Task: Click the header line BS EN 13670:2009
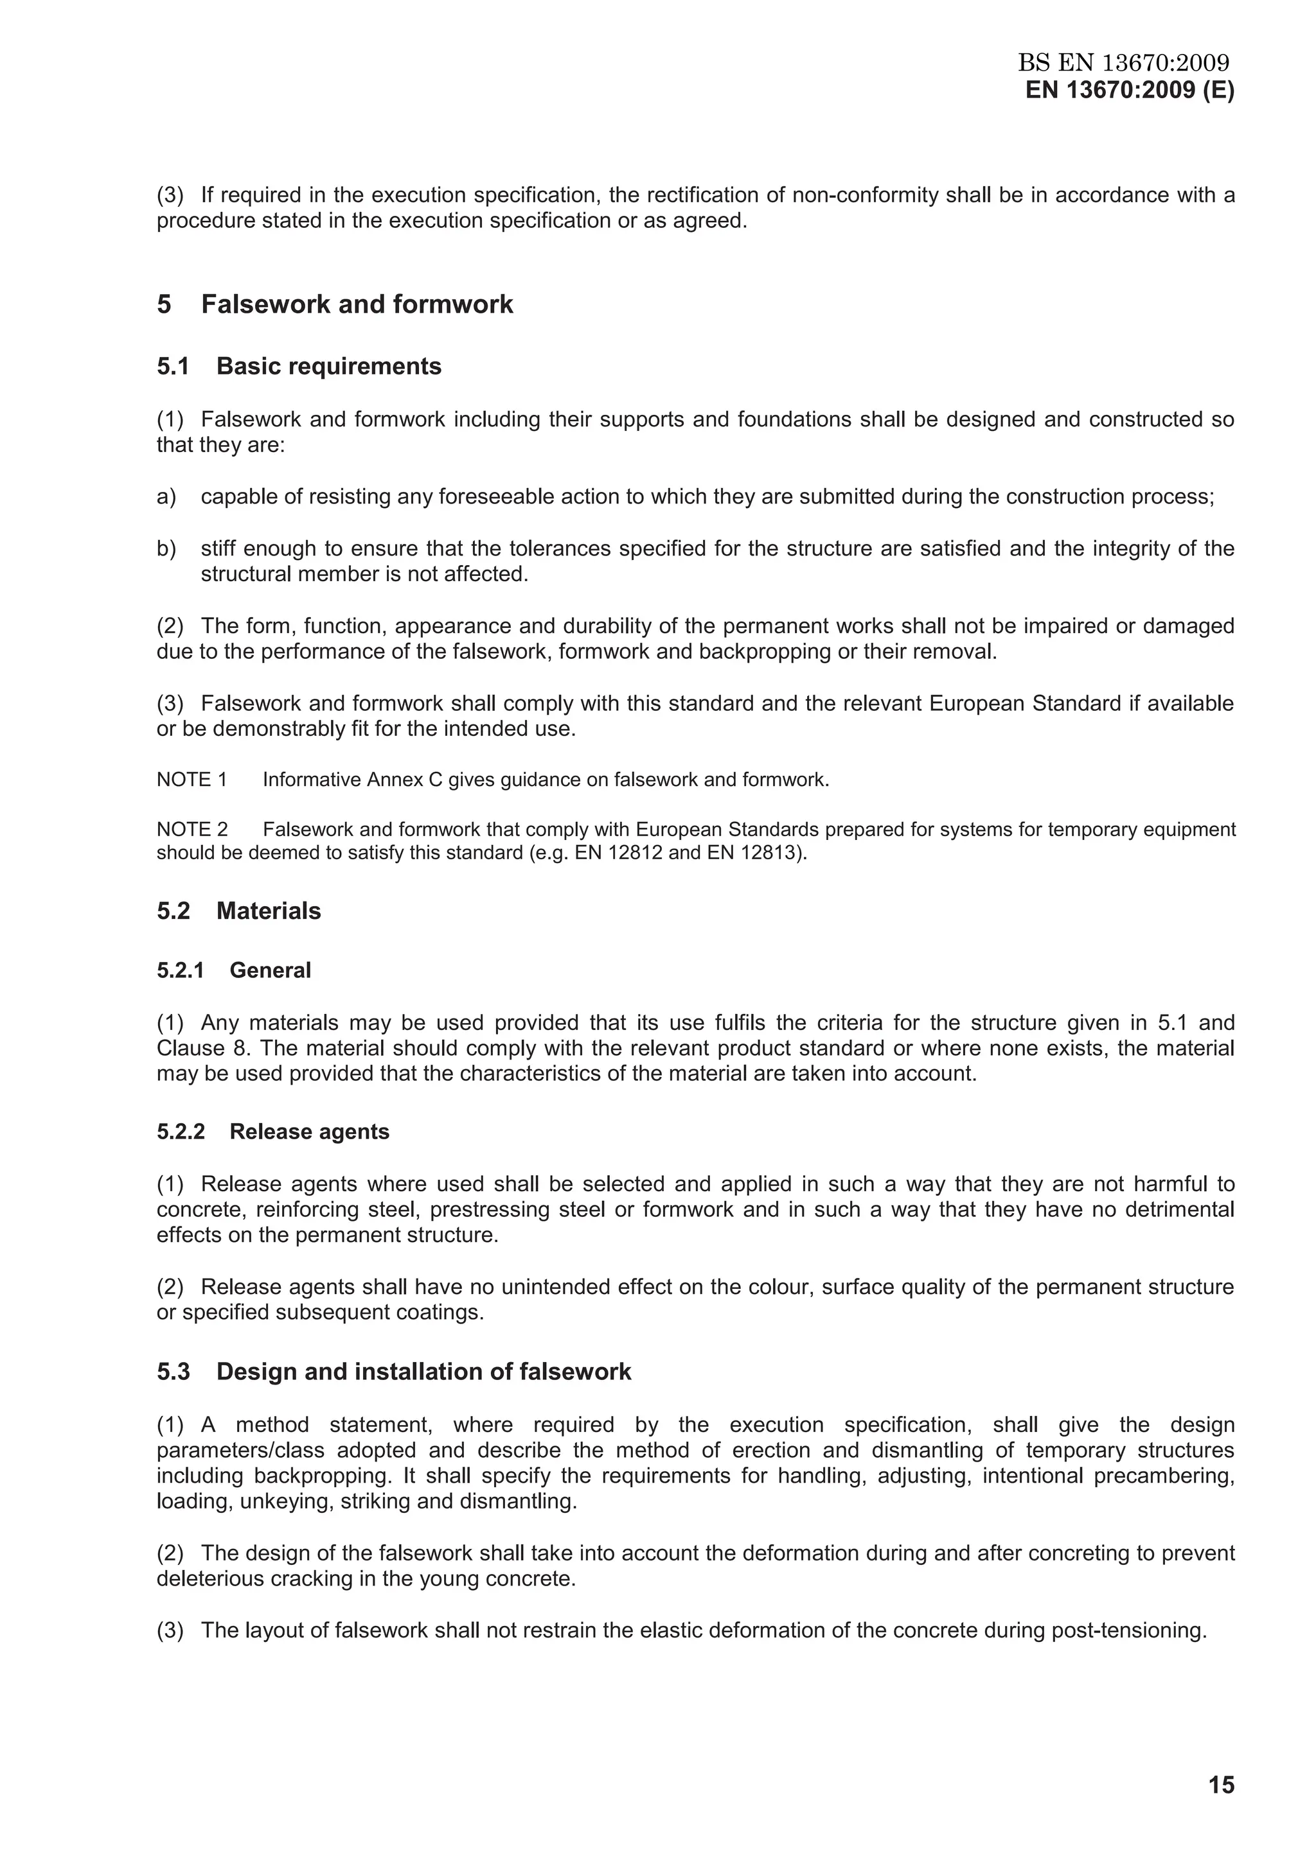(1124, 62)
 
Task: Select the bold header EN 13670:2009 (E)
(1130, 90)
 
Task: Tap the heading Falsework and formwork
(357, 305)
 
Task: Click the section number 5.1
(173, 367)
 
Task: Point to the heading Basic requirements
(328, 367)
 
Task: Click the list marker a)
(166, 497)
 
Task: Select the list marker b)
(166, 549)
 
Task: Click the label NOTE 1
(191, 780)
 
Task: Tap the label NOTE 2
(192, 830)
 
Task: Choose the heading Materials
(269, 911)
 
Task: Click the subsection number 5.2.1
(180, 971)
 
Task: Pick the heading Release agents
(309, 1132)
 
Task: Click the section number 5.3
(173, 1372)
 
